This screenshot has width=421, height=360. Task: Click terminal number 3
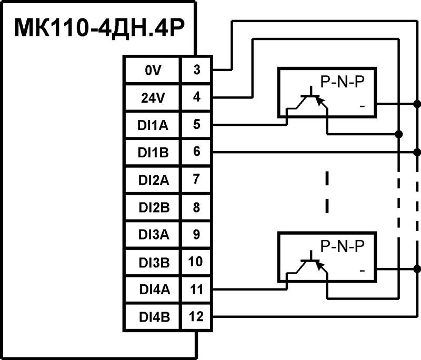pos(196,70)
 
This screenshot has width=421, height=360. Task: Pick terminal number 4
pos(196,97)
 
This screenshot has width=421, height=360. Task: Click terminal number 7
pos(196,179)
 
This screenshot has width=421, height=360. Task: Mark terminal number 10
pos(196,262)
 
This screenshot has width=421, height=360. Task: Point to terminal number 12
pos(196,316)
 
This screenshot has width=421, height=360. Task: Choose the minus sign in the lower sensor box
pos(362,271)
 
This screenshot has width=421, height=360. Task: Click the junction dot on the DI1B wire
pos(417,152)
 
